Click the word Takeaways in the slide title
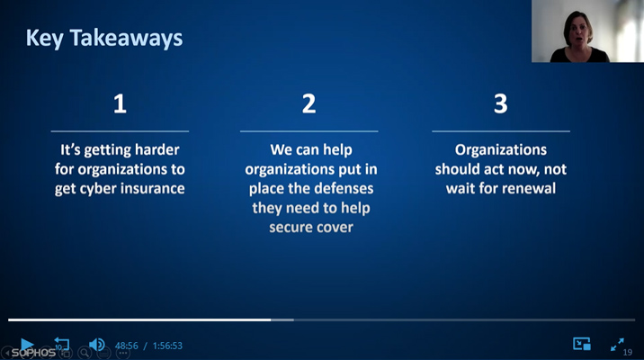click(126, 38)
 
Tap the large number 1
click(120, 103)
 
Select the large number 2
click(309, 103)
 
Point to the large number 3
click(501, 103)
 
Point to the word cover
click(332, 228)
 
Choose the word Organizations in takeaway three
click(501, 150)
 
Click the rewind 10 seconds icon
click(61, 344)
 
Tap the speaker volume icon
click(97, 345)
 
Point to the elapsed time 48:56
click(127, 346)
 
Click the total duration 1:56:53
click(167, 346)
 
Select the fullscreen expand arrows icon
click(617, 345)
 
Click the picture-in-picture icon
click(582, 344)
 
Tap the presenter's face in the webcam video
click(577, 32)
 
